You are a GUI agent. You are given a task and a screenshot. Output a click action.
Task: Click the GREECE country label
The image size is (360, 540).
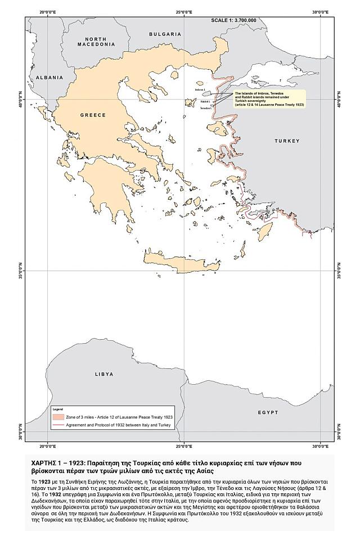[x=93, y=115]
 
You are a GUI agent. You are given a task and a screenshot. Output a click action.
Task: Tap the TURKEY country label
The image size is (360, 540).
[x=288, y=141]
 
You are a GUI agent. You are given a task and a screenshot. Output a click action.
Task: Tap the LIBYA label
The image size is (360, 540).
[x=104, y=374]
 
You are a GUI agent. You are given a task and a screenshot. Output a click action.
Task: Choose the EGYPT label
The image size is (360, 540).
[x=268, y=412]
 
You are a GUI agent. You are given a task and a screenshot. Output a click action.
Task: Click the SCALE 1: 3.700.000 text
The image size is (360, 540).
[x=233, y=20]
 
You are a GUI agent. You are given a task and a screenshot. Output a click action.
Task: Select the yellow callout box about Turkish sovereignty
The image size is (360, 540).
[x=269, y=99]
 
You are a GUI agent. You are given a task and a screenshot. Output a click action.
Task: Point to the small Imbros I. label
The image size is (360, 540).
[x=200, y=89]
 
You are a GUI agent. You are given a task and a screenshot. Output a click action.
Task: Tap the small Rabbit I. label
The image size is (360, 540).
[x=205, y=102]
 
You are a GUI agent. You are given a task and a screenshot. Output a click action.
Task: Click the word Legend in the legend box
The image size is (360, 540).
[x=57, y=409]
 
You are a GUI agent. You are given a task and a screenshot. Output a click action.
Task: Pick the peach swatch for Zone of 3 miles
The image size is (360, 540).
[x=58, y=417]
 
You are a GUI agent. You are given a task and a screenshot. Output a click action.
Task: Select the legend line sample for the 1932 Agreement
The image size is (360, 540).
[x=58, y=426]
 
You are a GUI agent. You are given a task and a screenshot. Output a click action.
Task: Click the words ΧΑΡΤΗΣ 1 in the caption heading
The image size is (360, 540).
[x=47, y=461]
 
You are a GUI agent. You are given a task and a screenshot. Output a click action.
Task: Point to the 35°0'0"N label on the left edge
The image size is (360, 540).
[x=21, y=271]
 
